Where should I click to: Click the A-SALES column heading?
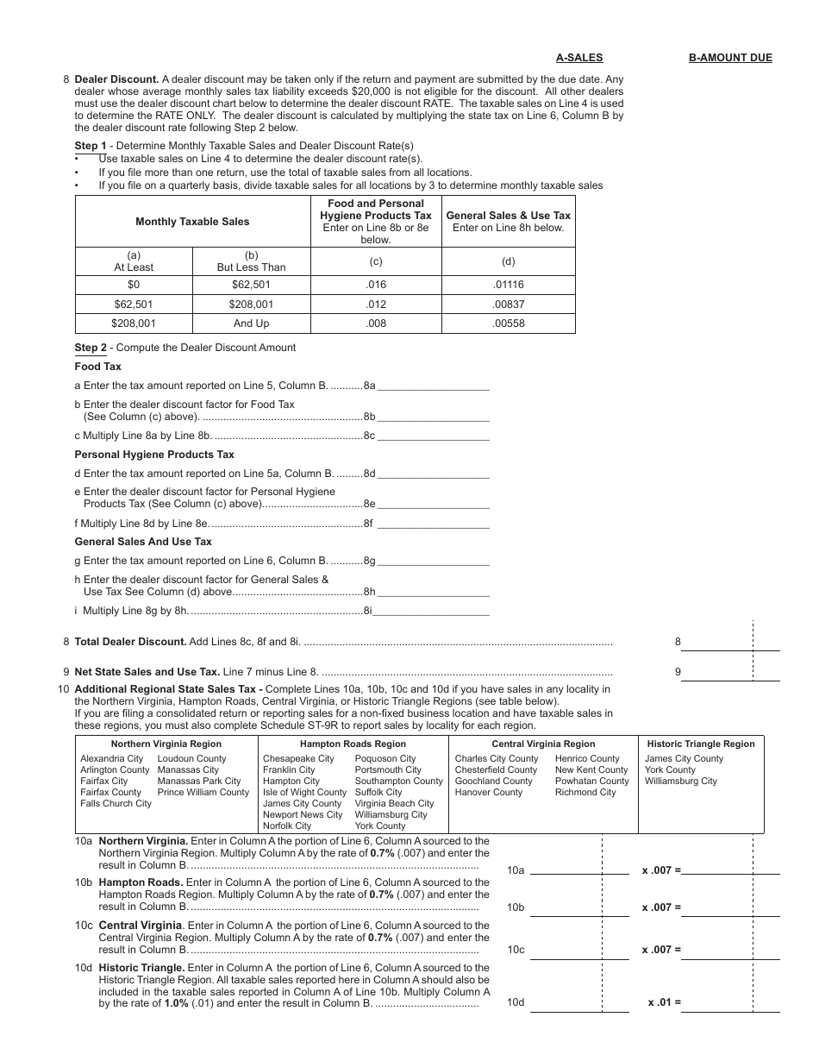[x=579, y=58]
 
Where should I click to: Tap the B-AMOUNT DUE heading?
[x=730, y=58]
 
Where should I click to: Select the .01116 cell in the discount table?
[x=509, y=285]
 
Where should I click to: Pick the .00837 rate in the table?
[x=509, y=304]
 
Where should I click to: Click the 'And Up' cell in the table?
[x=251, y=323]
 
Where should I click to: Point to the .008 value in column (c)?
[x=376, y=323]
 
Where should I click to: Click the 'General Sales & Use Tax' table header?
[x=509, y=216]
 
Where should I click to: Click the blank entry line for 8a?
[x=433, y=386]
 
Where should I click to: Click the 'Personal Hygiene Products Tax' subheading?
[x=154, y=455]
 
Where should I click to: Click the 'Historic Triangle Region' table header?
[x=700, y=744]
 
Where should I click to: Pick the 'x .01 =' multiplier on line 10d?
[x=664, y=1002]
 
